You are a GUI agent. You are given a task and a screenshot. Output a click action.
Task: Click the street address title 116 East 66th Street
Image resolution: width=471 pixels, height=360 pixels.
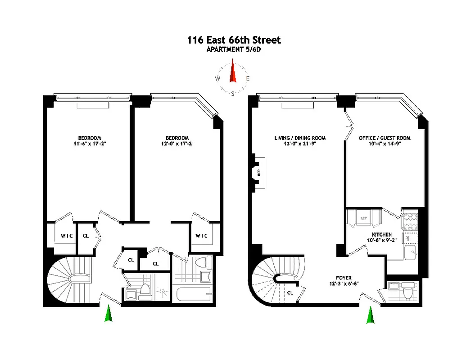[234, 40]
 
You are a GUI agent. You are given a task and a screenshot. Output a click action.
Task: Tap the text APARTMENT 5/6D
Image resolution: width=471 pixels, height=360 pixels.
[234, 50]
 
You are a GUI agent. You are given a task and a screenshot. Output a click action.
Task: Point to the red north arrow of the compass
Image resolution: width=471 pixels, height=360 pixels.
[233, 73]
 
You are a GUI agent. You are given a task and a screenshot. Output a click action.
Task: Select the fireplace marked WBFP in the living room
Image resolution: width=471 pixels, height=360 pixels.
[259, 171]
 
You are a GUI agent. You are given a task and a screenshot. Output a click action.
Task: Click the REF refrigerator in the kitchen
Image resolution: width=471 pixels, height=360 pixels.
[363, 219]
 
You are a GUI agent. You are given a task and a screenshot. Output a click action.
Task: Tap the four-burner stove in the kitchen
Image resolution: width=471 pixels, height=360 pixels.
[411, 221]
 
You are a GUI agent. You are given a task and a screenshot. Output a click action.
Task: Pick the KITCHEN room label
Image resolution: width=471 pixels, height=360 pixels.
[381, 235]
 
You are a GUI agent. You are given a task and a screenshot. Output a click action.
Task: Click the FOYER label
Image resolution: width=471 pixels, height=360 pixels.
[343, 278]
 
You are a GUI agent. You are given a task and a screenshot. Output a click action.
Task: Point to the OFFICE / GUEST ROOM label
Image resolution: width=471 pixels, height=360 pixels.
[385, 138]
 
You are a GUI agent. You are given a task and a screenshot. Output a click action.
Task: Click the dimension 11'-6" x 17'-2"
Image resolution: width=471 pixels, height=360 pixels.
[89, 144]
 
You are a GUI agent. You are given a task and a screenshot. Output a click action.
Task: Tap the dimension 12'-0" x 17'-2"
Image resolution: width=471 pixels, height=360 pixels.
[177, 144]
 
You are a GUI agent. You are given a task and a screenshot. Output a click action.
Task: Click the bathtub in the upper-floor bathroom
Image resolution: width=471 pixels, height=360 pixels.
[194, 296]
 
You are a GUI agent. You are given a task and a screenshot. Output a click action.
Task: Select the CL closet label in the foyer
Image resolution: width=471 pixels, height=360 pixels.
[290, 292]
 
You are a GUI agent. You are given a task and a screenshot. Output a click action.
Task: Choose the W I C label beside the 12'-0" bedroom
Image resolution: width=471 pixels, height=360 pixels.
[201, 236]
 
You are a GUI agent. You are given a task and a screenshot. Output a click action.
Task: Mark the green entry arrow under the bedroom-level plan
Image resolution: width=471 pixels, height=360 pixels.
[108, 314]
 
